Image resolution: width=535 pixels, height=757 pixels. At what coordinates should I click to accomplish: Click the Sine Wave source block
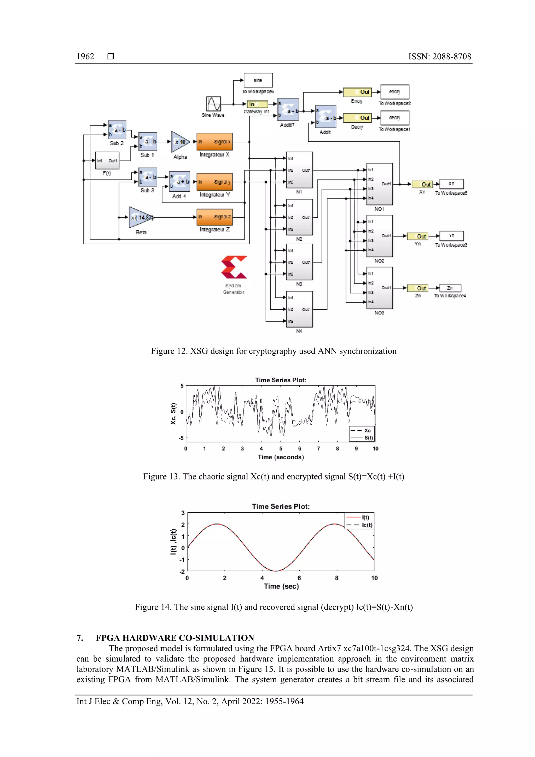pyautogui.click(x=213, y=103)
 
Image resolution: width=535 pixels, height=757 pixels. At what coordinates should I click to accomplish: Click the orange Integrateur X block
pyautogui.click(x=214, y=142)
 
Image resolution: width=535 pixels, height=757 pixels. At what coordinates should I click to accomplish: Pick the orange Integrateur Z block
pyautogui.click(x=214, y=217)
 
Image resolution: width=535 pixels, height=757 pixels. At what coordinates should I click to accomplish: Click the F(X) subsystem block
pyautogui.click(x=107, y=160)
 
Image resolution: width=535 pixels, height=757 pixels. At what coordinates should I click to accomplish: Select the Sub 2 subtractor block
pyautogui.click(x=117, y=130)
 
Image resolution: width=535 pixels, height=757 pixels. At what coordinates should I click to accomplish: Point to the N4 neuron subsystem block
pyautogui.click(x=299, y=309)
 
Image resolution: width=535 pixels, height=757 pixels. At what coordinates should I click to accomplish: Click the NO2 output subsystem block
pyautogui.click(x=379, y=236)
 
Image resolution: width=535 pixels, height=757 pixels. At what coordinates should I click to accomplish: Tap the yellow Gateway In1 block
pyautogui.click(x=257, y=104)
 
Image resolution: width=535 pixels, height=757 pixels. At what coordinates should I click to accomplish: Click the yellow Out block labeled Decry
pyautogui.click(x=357, y=118)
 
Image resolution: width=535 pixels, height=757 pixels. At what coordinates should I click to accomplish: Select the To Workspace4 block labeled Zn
pyautogui.click(x=450, y=288)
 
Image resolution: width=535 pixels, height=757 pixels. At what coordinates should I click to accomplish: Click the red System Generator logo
pyautogui.click(x=234, y=267)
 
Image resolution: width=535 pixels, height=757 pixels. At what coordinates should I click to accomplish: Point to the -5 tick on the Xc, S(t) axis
pyautogui.click(x=181, y=438)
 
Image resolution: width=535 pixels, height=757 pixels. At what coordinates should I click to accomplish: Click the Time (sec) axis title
pyautogui.click(x=281, y=586)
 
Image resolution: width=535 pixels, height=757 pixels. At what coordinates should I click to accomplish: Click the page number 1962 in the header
pyautogui.click(x=85, y=56)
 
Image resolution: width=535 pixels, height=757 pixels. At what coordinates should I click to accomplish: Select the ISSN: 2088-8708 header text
pyautogui.click(x=439, y=56)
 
